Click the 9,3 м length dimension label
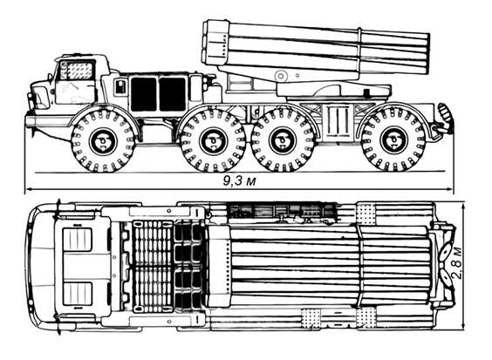pos(239,181)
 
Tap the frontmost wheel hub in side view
pos(103,141)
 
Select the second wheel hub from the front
pos(213,141)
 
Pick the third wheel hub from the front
pos(283,141)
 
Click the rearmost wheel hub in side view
pos(393,140)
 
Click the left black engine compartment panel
pos(143,94)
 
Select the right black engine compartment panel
pos(173,94)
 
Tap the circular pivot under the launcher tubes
pos(281,76)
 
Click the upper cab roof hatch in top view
pos(77,240)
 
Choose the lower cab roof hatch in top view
pos(77,294)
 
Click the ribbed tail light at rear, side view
pos(443,112)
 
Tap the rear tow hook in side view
pos(441,128)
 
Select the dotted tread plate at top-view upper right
pos(366,214)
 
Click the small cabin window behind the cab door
pos(120,87)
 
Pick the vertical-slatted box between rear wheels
pos(338,120)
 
